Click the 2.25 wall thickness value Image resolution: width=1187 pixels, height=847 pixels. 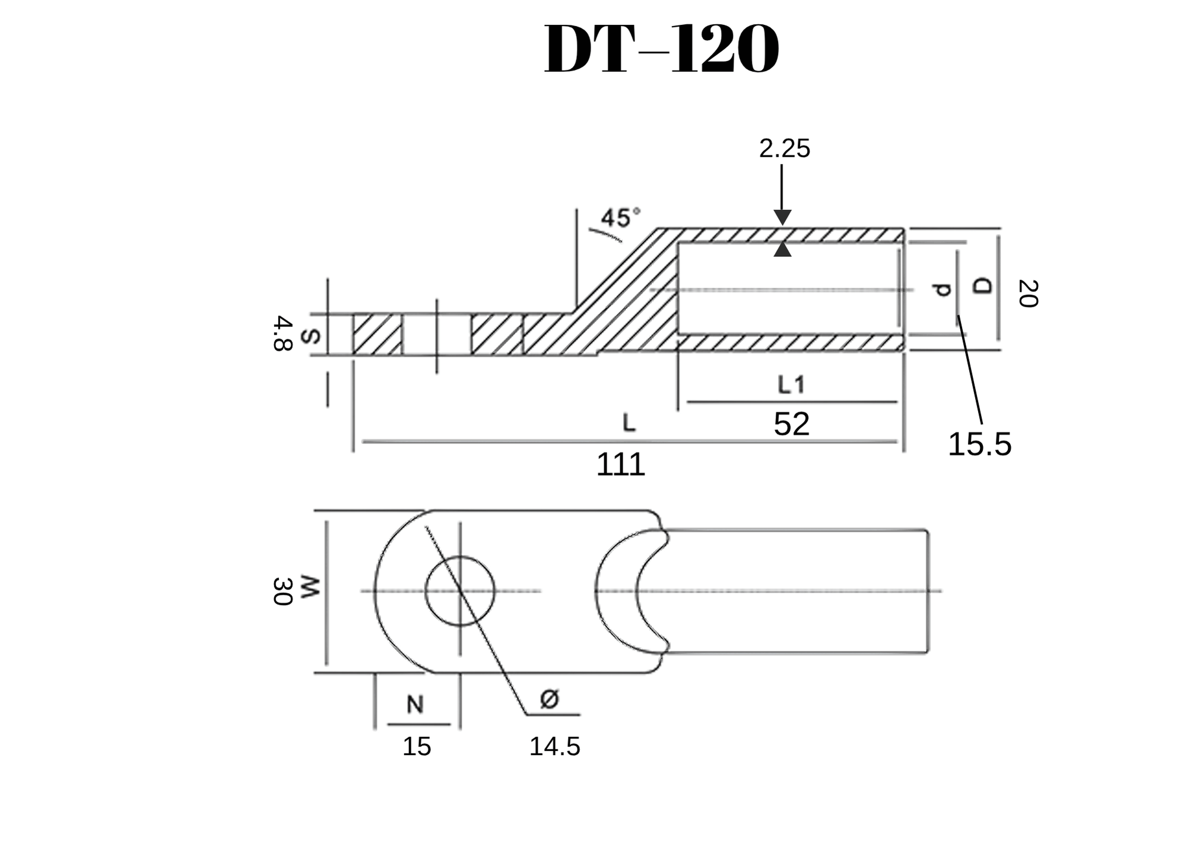click(784, 149)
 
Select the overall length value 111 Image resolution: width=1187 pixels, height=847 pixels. click(620, 464)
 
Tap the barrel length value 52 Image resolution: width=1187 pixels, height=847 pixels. click(791, 425)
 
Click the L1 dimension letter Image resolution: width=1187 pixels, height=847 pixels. click(791, 386)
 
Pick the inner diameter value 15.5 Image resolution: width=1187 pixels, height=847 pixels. click(979, 444)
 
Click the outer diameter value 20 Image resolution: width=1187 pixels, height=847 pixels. click(1028, 294)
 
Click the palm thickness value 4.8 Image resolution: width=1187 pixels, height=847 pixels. click(283, 334)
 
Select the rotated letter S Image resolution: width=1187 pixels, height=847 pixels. click(310, 336)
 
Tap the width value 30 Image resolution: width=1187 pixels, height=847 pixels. click(283, 591)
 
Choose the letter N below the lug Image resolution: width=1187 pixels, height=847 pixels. click(415, 705)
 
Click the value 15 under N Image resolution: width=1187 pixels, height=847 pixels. click(417, 747)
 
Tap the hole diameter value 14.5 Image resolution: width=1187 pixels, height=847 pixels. click(554, 747)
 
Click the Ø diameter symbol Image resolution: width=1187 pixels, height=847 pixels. click(550, 699)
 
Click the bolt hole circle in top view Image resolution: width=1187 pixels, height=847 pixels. click(459, 591)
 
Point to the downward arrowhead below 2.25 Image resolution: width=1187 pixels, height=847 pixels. click(782, 217)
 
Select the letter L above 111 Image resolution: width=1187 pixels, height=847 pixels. click(629, 423)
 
